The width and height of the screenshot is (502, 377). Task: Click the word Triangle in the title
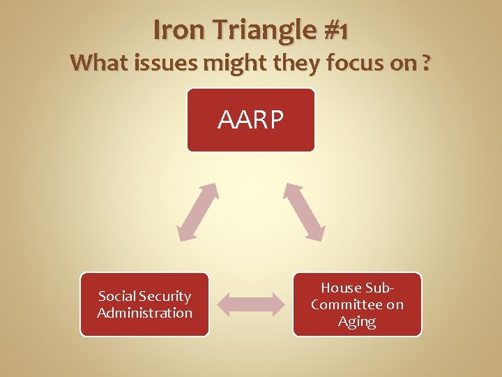(x=257, y=30)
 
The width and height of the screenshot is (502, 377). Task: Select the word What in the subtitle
(x=98, y=64)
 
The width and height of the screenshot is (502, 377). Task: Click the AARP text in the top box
(x=250, y=120)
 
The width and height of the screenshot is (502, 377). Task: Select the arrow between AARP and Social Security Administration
(x=197, y=212)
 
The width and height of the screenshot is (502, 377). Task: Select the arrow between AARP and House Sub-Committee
(x=304, y=212)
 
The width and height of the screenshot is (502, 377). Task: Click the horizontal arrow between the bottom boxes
(x=251, y=304)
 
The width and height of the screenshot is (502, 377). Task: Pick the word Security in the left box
(x=166, y=297)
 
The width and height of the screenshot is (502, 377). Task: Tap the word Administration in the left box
(x=144, y=313)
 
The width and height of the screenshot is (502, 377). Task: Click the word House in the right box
(x=341, y=288)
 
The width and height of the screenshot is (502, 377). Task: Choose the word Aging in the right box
(x=357, y=321)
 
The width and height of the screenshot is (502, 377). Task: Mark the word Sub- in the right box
(x=380, y=288)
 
